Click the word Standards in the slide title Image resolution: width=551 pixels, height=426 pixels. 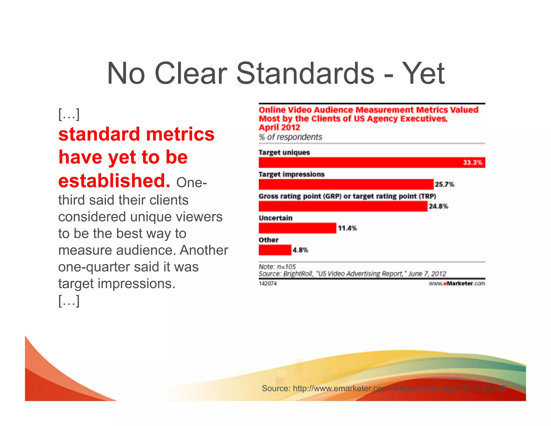(305, 73)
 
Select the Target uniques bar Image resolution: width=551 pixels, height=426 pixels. (361, 163)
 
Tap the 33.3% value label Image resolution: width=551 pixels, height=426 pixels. (472, 163)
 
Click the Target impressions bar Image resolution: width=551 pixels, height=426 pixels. (346, 184)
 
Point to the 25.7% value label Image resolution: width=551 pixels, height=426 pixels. (444, 184)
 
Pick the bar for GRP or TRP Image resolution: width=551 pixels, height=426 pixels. (343, 206)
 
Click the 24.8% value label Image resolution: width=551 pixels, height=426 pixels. (438, 206)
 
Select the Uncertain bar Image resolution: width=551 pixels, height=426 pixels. (297, 228)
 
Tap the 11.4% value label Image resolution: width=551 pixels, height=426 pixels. (347, 228)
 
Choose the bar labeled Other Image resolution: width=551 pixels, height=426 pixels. (275, 250)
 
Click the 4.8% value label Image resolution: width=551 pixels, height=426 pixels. (300, 250)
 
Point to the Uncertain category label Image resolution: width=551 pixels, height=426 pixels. (275, 218)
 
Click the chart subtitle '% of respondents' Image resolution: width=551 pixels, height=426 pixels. (290, 137)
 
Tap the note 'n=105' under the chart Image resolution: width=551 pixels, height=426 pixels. (277, 267)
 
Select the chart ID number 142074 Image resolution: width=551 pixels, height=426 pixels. (268, 284)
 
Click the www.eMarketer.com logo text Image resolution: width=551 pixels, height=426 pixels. (457, 284)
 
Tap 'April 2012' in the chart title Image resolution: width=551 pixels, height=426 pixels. (279, 127)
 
